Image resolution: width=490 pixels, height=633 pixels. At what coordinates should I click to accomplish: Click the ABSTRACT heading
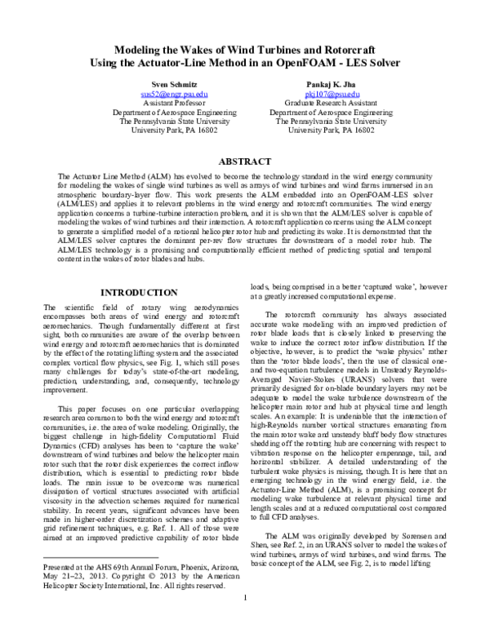[x=245, y=162]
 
